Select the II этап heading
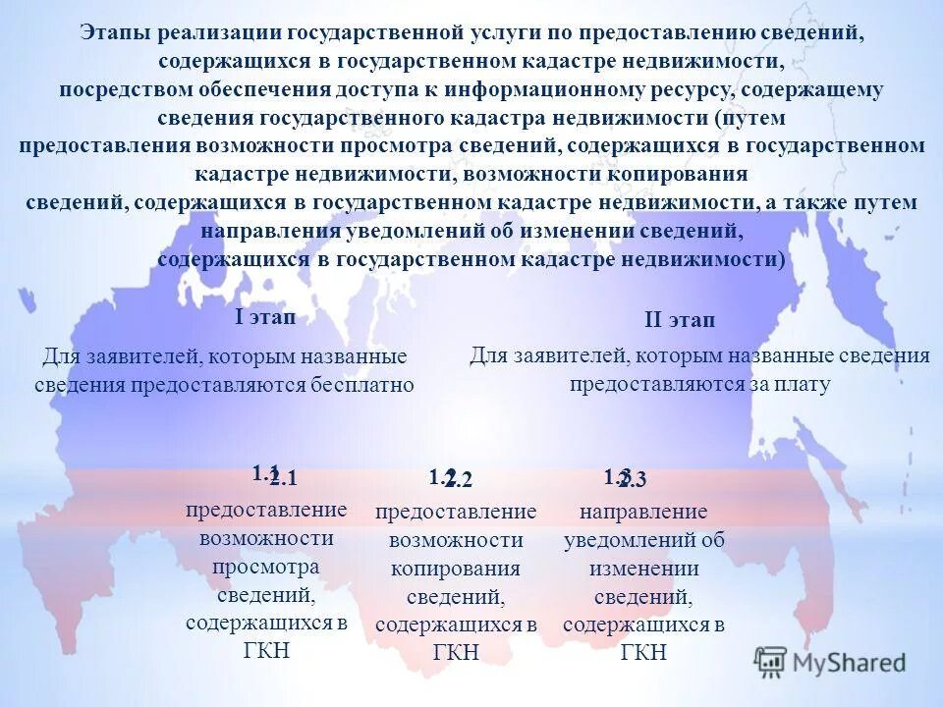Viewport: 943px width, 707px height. point(680,320)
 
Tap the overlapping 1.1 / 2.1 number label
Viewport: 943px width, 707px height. point(273,476)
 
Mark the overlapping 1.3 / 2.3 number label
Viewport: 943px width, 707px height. point(625,478)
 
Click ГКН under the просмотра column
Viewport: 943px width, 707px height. point(266,649)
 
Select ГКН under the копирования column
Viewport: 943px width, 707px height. point(455,652)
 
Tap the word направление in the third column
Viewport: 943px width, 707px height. point(643,512)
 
